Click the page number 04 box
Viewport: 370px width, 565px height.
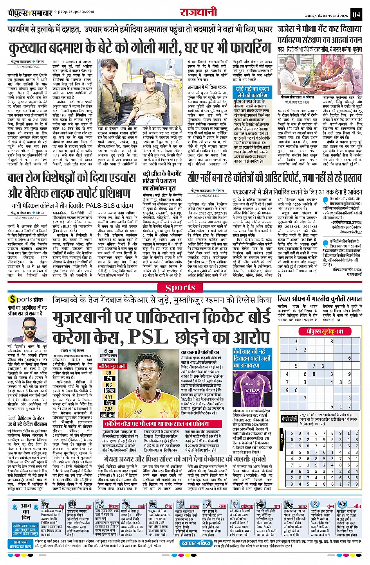(x=356, y=15)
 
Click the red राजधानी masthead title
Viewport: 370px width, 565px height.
(x=199, y=13)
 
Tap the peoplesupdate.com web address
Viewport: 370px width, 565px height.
(x=74, y=12)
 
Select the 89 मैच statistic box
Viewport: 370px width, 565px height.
(x=109, y=376)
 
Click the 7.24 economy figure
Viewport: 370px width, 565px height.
(x=109, y=409)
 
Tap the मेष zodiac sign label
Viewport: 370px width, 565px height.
(x=61, y=506)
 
